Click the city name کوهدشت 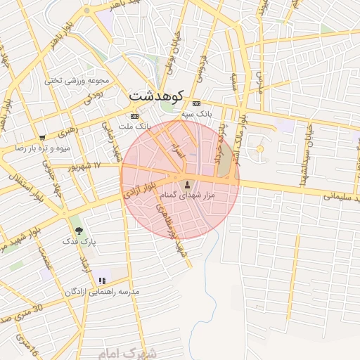157,94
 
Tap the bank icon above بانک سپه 196,103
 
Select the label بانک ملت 135,126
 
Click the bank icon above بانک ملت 134,116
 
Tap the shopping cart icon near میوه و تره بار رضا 43,138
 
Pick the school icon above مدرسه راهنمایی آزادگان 103,281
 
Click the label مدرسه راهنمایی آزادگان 103,291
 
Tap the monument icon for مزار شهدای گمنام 187,184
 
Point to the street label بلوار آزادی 141,191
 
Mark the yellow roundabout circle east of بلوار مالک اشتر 259,149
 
